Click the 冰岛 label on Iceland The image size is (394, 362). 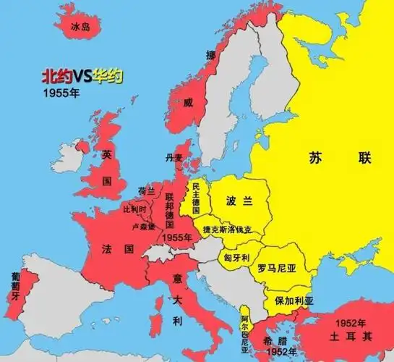(x=80, y=27)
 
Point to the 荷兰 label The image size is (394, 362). (x=147, y=191)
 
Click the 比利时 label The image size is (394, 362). (x=134, y=209)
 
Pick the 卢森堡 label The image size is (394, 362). (x=143, y=227)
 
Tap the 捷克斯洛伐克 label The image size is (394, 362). (x=229, y=230)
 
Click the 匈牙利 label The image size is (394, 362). (x=236, y=257)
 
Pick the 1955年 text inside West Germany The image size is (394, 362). (x=178, y=237)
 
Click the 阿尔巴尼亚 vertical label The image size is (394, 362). (x=245, y=334)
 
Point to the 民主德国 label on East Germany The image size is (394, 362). (x=195, y=198)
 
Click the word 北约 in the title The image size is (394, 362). (x=56, y=75)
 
